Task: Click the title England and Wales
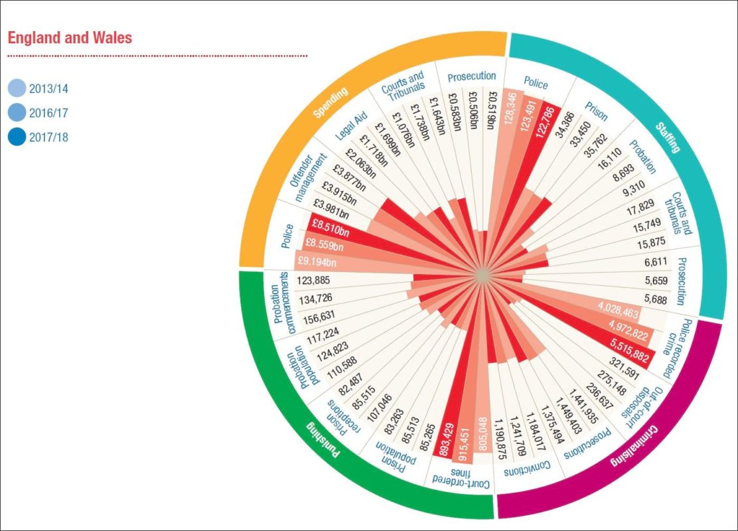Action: click(x=70, y=37)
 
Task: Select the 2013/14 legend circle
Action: click(x=18, y=88)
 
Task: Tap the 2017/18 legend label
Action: click(x=48, y=138)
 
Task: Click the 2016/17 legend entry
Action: click(x=48, y=113)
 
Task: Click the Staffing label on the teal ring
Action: click(x=668, y=137)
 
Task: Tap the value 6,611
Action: click(x=656, y=263)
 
